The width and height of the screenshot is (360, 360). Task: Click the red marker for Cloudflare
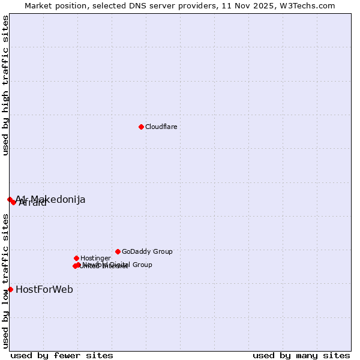(141, 127)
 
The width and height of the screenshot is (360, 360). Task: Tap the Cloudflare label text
(161, 127)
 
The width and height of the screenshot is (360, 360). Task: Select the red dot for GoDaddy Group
(118, 251)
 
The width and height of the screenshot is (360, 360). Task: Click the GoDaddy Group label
(147, 251)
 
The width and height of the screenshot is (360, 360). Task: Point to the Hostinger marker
(76, 258)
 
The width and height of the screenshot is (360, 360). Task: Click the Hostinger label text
(95, 258)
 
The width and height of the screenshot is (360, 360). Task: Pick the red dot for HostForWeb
(10, 289)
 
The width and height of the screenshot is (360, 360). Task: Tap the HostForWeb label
(44, 289)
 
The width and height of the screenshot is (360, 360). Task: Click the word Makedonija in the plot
(58, 199)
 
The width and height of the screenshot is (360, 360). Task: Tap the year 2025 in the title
(263, 6)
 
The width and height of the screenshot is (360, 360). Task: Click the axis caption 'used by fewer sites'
(62, 355)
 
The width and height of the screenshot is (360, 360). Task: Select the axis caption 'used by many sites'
(301, 355)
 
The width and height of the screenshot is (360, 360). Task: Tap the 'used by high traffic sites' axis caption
(6, 85)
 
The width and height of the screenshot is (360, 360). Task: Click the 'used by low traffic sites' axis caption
(6, 281)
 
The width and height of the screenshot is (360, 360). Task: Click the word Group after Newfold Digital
(142, 265)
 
